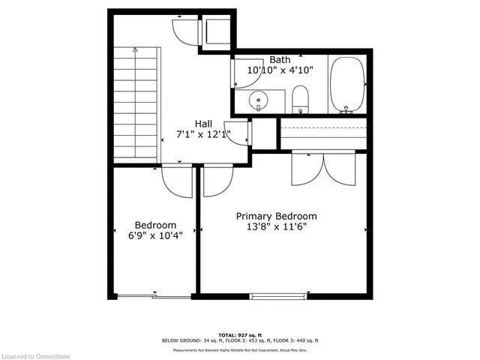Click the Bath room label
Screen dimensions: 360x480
click(x=280, y=58)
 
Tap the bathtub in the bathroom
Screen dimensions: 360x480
click(x=346, y=84)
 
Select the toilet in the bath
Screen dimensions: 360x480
click(x=301, y=97)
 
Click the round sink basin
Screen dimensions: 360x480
click(x=259, y=98)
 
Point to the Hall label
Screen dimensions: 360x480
click(x=203, y=124)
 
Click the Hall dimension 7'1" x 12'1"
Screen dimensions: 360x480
click(x=203, y=135)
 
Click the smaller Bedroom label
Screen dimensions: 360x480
click(x=155, y=224)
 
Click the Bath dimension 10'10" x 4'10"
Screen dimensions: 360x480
click(x=280, y=70)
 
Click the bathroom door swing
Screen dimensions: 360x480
click(x=244, y=70)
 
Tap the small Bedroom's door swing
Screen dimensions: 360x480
click(x=177, y=181)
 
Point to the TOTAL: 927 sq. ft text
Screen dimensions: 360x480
click(x=239, y=334)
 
